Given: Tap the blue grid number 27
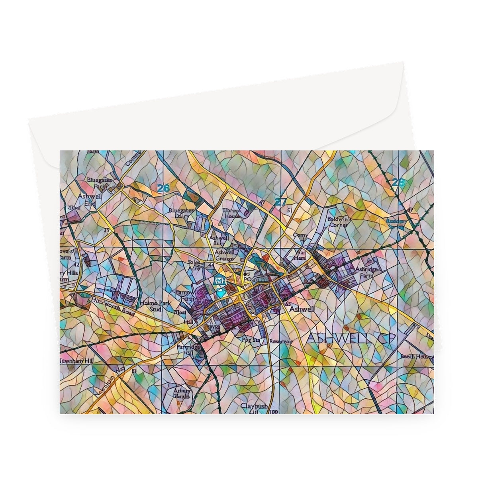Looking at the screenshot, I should point(280,202).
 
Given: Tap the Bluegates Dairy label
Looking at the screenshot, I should point(181,213).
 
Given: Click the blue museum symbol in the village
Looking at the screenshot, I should point(219,281).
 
